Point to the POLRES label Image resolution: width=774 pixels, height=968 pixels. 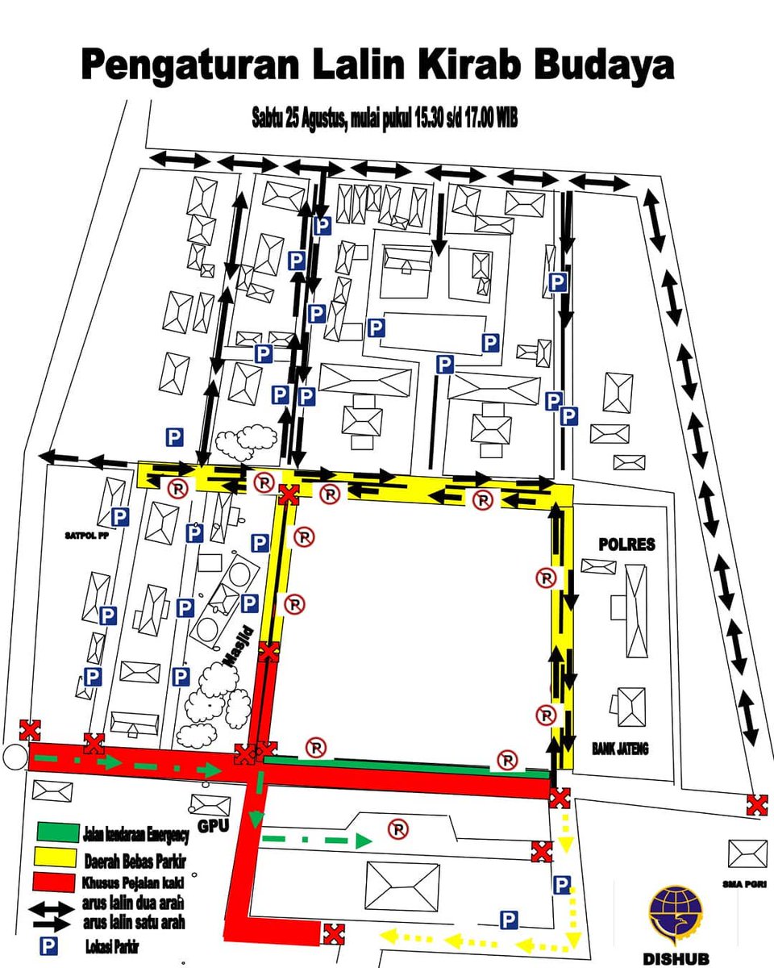(626, 544)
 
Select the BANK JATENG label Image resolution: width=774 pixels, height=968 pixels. (620, 749)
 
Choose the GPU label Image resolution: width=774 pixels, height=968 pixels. (208, 827)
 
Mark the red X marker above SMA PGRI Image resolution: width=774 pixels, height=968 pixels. (756, 804)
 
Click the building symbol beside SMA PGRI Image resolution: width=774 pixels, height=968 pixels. (747, 853)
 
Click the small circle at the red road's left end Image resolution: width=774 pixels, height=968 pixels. (13, 758)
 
